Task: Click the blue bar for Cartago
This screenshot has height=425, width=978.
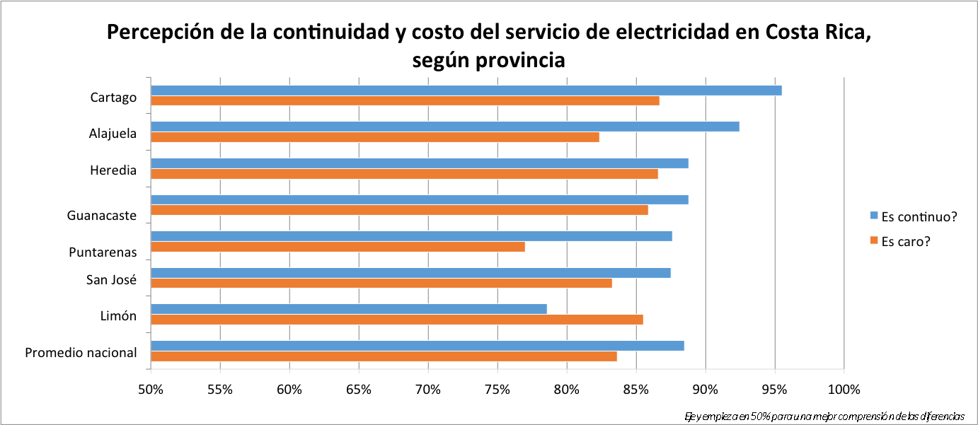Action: pyautogui.click(x=466, y=91)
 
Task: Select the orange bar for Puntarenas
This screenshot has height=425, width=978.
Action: pyautogui.click(x=338, y=247)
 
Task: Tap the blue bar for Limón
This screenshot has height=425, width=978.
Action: pyautogui.click(x=348, y=309)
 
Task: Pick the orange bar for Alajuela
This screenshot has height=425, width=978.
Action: pyautogui.click(x=375, y=137)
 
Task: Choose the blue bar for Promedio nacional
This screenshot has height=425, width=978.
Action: pyautogui.click(x=417, y=346)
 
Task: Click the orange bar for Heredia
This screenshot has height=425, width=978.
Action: pyautogui.click(x=404, y=174)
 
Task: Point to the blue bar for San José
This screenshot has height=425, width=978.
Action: pyautogui.click(x=410, y=273)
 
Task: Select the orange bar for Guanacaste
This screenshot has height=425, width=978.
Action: pyautogui.click(x=399, y=210)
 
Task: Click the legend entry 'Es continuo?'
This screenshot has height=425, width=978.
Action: pyautogui.click(x=918, y=216)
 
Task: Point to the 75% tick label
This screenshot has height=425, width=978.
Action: pyautogui.click(x=497, y=389)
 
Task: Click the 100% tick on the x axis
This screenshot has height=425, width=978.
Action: pyautogui.click(x=844, y=389)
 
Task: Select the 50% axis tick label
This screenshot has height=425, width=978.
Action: pyautogui.click(x=150, y=389)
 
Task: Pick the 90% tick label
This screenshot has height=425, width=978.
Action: pyautogui.click(x=706, y=389)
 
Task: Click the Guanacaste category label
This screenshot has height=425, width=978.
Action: pyautogui.click(x=102, y=216)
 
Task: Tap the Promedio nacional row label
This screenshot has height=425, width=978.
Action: pyautogui.click(x=81, y=352)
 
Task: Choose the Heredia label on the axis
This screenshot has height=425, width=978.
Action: pyautogui.click(x=113, y=170)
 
